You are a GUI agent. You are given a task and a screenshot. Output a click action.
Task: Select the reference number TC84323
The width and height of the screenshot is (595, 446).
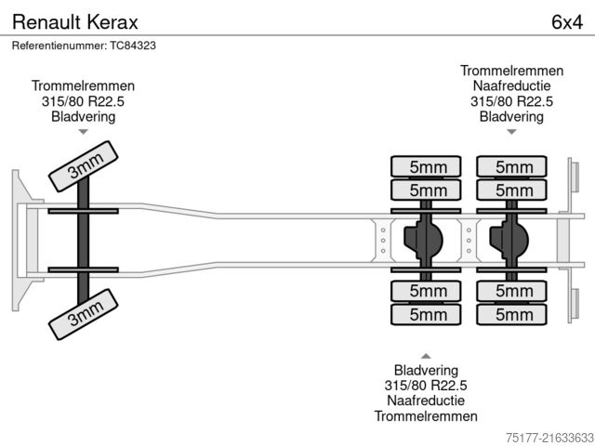[84, 46]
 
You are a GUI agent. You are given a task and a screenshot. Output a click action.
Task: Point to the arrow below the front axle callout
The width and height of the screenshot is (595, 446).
[83, 132]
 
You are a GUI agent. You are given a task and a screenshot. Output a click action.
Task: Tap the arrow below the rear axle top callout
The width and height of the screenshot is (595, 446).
[511, 132]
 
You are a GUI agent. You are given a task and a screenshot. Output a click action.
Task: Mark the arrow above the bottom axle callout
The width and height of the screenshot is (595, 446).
[426, 355]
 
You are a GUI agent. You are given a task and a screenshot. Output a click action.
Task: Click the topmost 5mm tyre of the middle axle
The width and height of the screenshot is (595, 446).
[426, 167]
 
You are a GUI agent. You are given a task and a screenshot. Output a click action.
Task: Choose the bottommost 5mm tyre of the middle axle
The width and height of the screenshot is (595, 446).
[426, 315]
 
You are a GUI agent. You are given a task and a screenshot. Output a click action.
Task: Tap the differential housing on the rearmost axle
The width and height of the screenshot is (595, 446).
[509, 241]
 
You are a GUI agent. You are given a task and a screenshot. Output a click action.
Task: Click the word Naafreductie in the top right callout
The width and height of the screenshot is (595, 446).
[511, 86]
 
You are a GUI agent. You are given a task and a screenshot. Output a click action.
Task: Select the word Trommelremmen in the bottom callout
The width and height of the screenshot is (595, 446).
[426, 415]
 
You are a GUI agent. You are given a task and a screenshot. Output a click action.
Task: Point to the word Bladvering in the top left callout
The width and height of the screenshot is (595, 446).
[83, 117]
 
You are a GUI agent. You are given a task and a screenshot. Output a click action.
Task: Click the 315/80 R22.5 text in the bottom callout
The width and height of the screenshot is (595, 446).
[426, 385]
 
